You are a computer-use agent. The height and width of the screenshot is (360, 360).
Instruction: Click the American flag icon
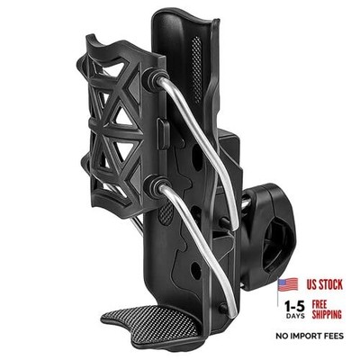tap(288, 284)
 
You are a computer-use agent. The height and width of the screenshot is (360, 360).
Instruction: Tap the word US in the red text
tap(313, 284)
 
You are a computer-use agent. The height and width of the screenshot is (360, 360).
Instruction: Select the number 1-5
tap(294, 306)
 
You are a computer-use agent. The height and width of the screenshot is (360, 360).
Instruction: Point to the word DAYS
tap(294, 316)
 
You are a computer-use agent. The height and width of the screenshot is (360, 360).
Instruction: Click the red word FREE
tap(319, 305)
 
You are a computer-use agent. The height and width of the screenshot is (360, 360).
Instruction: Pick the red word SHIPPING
tap(327, 314)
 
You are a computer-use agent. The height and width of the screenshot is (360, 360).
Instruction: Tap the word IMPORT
tap(309, 336)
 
